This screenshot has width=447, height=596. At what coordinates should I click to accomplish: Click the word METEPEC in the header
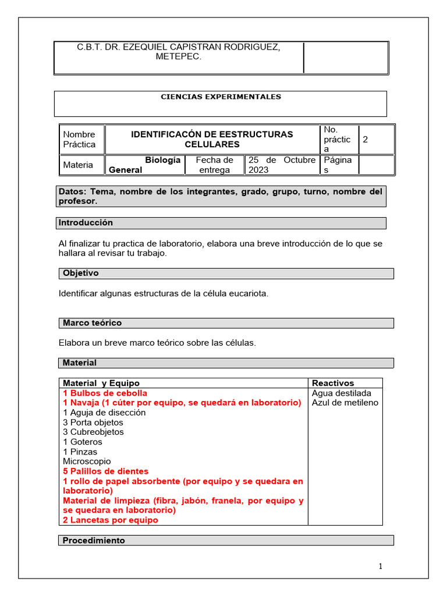coord(179,56)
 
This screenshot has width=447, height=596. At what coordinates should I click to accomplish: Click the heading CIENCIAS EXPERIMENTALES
coord(221,97)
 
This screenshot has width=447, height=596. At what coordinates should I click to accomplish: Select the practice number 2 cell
coord(366,140)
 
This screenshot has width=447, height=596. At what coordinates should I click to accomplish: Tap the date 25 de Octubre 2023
coord(282,165)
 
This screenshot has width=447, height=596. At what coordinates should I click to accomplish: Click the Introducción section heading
coord(86,223)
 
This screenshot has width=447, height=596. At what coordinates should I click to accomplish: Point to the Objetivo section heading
coord(81,273)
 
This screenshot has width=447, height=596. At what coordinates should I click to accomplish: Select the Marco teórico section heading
coord(92,322)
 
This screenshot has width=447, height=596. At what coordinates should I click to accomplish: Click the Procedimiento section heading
coord(94,540)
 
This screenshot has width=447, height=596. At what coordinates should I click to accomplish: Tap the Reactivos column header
coord(333,383)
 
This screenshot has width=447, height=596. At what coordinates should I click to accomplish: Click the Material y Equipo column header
coord(101,383)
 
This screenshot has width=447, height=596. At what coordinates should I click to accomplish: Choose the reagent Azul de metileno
coord(345,403)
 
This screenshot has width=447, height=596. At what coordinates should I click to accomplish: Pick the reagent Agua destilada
coord(342,393)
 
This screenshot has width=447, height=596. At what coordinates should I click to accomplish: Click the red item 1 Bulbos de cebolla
coord(105,393)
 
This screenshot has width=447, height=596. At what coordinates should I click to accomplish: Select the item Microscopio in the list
coord(87,462)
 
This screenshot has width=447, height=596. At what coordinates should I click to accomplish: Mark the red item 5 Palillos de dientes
coord(105,471)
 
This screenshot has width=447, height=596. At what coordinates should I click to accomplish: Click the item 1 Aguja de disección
coord(104,413)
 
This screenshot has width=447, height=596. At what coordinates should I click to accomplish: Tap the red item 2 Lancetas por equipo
coord(111,520)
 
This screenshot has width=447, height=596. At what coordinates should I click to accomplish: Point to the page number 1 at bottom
coord(380,566)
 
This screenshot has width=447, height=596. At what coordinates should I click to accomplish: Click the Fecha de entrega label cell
coord(214,165)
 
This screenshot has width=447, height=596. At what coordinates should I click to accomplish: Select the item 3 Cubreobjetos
coord(93,432)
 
